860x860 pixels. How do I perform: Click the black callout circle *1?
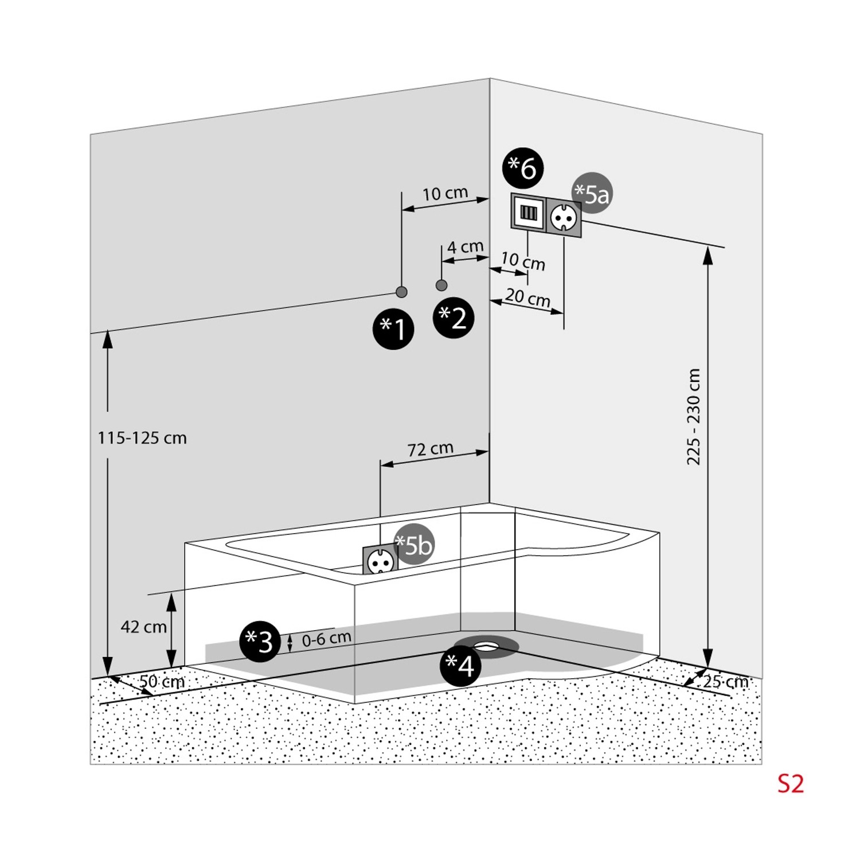point(393,329)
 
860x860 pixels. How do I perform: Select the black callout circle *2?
point(454,317)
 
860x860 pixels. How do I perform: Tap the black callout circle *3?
point(260,641)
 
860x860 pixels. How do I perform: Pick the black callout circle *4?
point(460,666)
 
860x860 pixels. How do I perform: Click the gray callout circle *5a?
point(592,193)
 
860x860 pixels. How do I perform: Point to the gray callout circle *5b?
point(414,545)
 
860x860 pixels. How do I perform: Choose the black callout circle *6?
point(523,168)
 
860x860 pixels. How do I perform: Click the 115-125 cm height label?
point(142,438)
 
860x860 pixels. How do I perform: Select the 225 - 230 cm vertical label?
point(694,417)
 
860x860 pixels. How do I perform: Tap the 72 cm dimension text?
point(431,449)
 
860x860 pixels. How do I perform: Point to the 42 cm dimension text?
point(143,627)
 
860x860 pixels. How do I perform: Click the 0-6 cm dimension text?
point(326,638)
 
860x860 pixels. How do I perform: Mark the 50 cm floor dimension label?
point(162,682)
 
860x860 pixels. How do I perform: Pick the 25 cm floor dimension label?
point(725,682)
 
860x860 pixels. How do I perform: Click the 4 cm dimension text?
point(465,247)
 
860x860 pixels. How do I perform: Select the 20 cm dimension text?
point(527,298)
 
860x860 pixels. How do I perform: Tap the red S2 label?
point(791,784)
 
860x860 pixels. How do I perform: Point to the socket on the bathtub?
point(380,560)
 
